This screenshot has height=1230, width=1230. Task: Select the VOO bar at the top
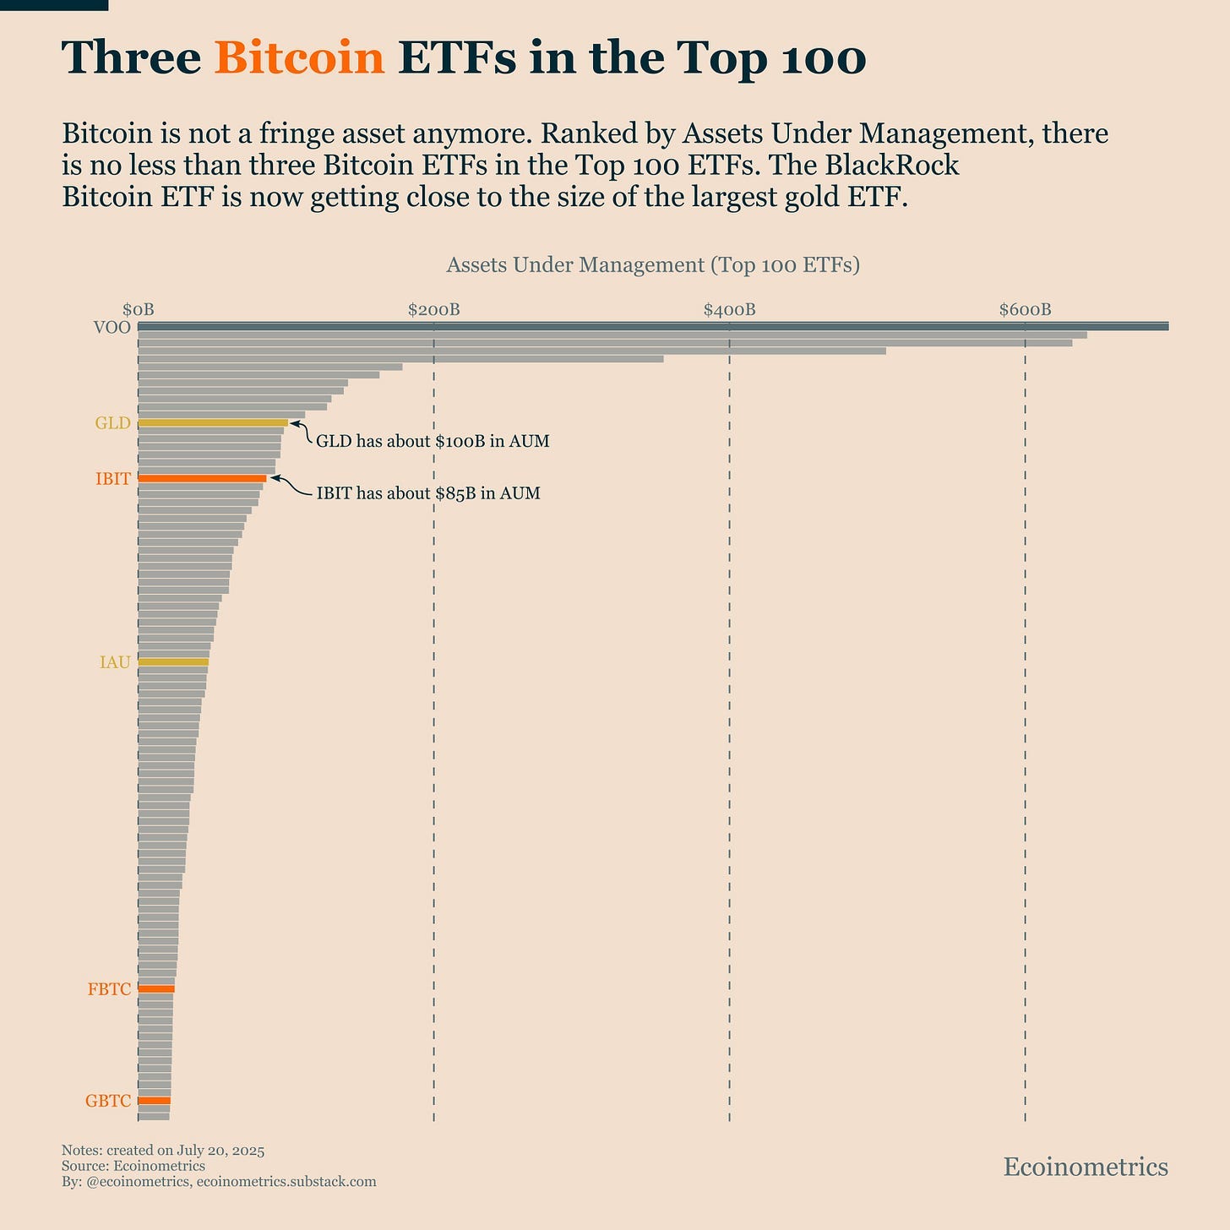652,326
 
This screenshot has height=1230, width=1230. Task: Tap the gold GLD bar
213,422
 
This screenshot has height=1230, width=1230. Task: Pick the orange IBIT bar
202,478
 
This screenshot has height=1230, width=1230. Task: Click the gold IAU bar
173,662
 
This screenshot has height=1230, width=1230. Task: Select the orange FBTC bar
156,988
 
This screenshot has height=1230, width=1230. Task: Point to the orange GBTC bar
154,1101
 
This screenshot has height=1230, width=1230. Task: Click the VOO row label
112,328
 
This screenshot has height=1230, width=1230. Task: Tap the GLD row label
112,423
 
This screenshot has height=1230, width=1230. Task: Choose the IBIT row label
113,479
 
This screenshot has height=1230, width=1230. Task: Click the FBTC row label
109,989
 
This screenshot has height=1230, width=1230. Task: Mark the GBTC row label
108,1102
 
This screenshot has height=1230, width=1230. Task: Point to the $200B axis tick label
433,309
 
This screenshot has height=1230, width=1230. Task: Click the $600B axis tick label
1025,309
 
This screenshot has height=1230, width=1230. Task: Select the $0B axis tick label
139,309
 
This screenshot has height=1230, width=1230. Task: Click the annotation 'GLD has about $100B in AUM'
433,441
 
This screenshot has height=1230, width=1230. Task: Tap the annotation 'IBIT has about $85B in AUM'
427,493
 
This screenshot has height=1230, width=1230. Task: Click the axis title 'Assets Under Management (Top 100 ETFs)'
652,264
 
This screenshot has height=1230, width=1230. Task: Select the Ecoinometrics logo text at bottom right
1086,1167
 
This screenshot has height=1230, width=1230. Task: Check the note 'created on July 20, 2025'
163,1151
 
